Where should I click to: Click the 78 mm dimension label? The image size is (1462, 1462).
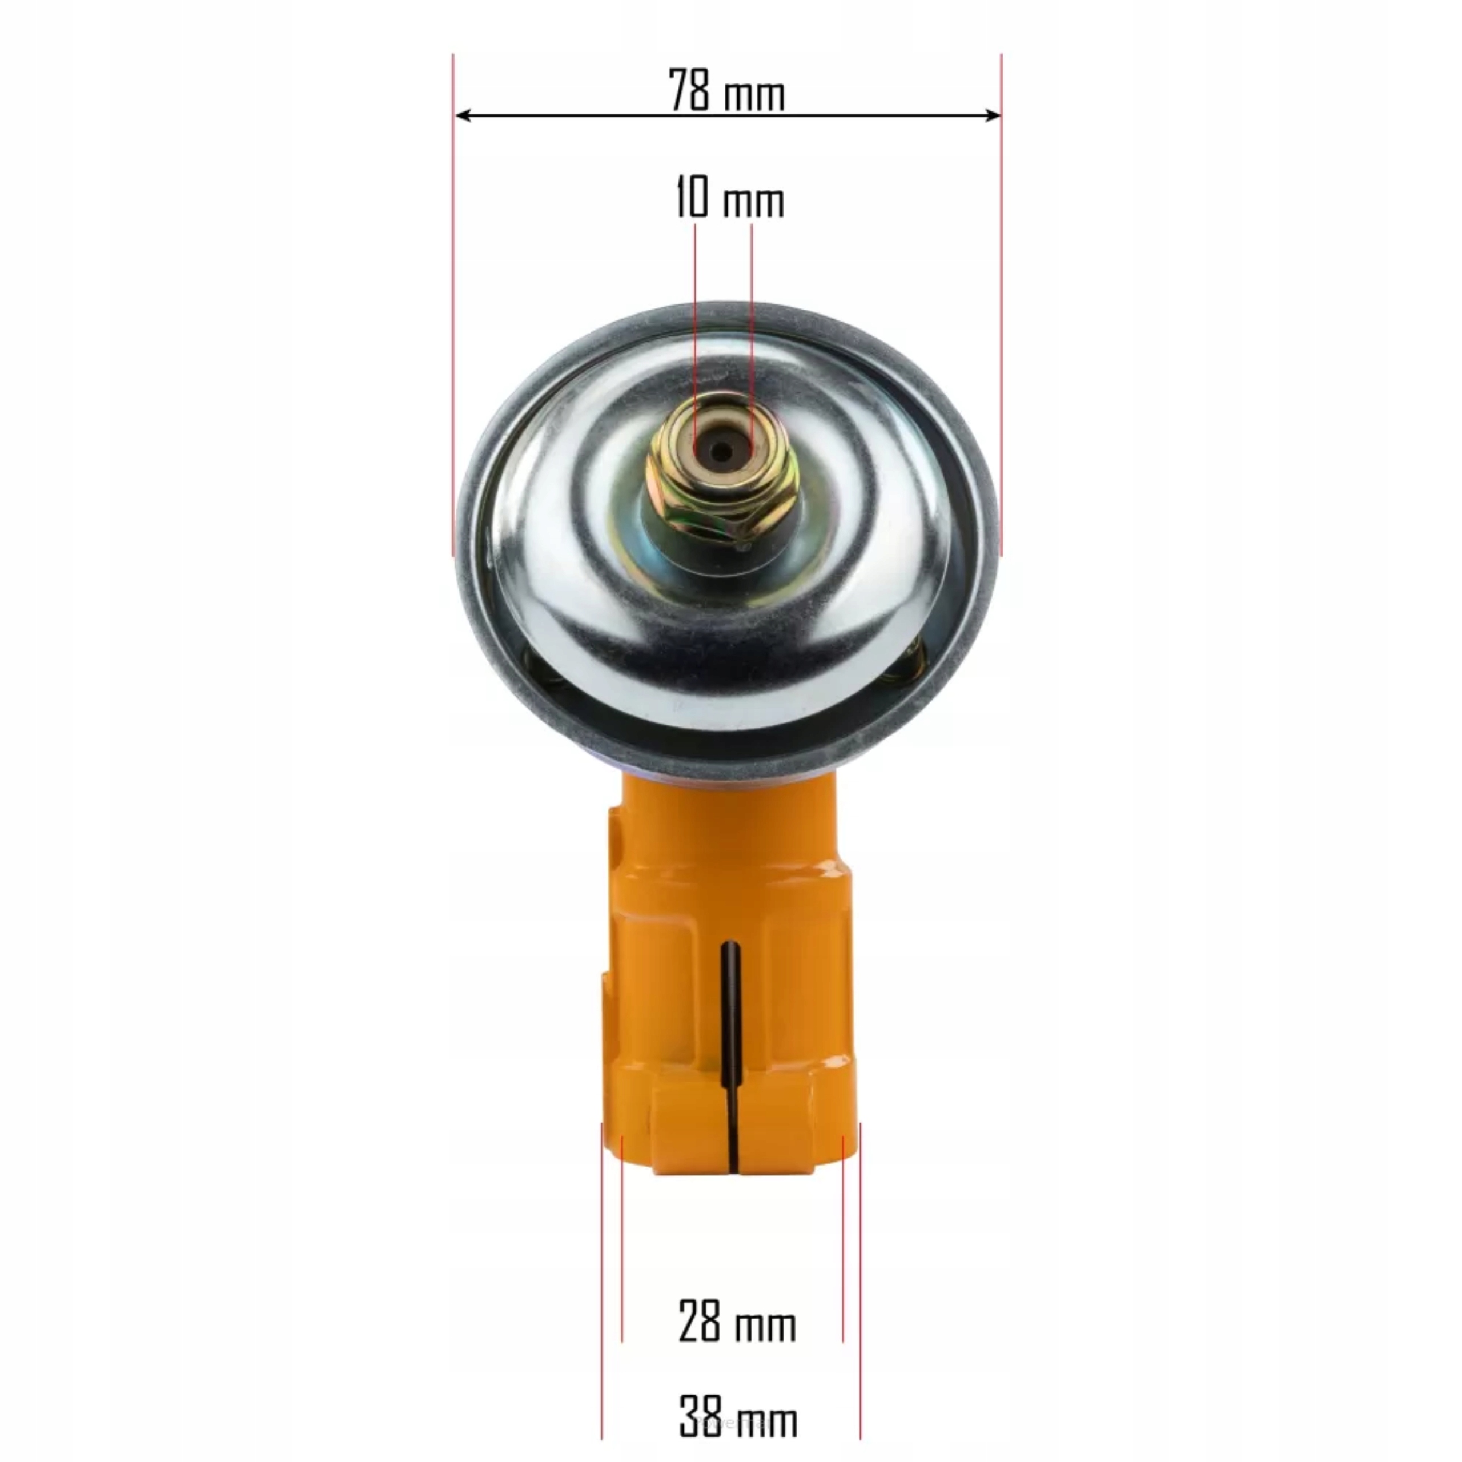(727, 90)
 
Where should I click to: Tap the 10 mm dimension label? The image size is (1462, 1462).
(729, 198)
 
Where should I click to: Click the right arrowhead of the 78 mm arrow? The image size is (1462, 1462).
(991, 115)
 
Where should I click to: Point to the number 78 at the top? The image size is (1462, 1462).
(690, 90)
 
